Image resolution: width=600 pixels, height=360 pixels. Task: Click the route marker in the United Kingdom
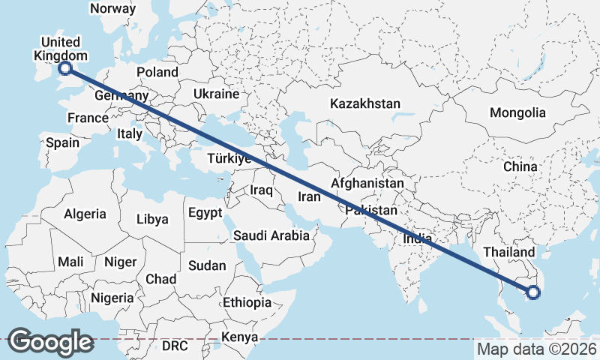[x=65, y=68]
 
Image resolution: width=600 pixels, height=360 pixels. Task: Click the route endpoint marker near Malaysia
[x=532, y=292]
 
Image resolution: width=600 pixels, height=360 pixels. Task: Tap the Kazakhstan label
[x=365, y=104]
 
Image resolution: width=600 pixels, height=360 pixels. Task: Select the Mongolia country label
[x=517, y=113]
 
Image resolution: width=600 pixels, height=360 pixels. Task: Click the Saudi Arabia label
[x=271, y=235]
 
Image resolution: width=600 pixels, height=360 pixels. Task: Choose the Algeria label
[x=85, y=214]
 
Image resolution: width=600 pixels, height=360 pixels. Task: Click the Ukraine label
[x=216, y=94]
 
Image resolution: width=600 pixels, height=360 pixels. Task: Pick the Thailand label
[x=510, y=252]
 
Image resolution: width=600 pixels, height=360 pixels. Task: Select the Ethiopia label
[x=247, y=303]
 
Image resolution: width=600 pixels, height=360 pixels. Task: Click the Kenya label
[x=240, y=337]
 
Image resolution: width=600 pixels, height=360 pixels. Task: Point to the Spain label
[x=63, y=142]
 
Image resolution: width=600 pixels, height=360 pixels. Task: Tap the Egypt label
[x=205, y=213]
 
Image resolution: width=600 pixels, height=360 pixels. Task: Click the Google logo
[x=50, y=342]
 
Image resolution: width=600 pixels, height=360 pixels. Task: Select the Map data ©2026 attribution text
[x=536, y=349]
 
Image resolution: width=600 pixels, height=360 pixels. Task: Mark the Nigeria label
[x=112, y=298]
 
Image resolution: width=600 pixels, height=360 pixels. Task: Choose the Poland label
[x=157, y=73]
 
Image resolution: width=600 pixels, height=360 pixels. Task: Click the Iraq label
[x=261, y=190]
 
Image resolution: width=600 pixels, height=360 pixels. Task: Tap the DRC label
[x=175, y=346]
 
